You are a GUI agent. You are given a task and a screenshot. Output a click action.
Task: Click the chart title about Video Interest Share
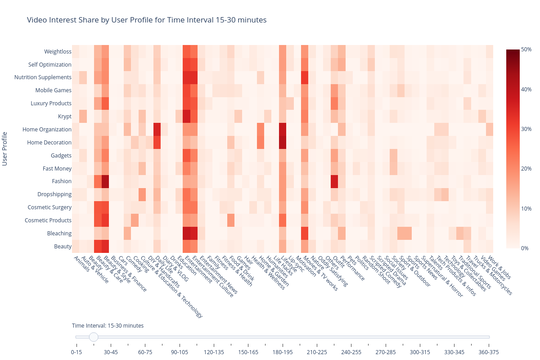[x=147, y=20]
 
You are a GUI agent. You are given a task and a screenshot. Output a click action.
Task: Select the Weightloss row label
[x=58, y=52]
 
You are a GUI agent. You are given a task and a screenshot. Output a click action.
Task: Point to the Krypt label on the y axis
[x=65, y=117]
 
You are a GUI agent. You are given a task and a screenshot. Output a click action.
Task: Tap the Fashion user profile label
[x=61, y=181]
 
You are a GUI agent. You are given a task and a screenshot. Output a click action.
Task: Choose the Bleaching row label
[x=59, y=234]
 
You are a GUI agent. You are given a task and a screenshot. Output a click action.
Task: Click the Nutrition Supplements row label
[x=43, y=77]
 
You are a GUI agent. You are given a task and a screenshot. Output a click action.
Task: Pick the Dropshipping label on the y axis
[x=54, y=194]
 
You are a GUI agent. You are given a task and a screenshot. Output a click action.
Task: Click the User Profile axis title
[x=5, y=148]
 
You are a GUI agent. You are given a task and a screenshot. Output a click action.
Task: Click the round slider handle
[x=94, y=337]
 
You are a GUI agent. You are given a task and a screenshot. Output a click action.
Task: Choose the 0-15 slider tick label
[x=76, y=352]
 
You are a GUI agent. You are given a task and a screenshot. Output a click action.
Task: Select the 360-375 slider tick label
[x=489, y=352]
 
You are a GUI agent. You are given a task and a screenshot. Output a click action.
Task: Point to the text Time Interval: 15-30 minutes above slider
[x=108, y=325]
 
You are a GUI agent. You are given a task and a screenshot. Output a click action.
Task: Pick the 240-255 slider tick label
[x=351, y=352]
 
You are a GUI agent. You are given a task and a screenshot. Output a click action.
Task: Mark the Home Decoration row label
[x=49, y=143]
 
